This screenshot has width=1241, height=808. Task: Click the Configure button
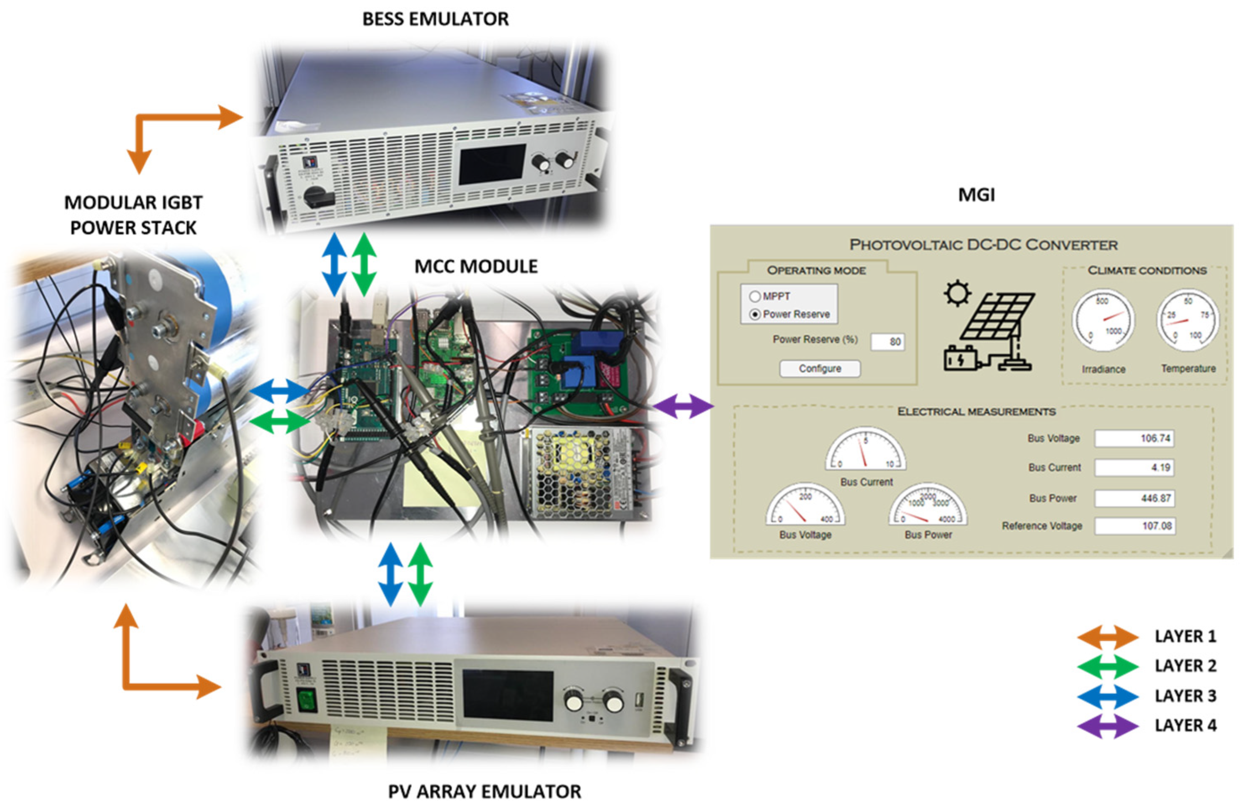819,368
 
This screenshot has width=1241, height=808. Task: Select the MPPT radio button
754,296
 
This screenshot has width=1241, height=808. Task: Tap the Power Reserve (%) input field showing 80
888,341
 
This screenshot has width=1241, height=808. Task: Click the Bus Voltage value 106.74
1134,438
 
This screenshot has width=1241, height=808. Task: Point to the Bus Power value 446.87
1134,498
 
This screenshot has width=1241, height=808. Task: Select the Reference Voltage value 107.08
1134,526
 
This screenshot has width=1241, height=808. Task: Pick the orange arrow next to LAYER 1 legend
1108,637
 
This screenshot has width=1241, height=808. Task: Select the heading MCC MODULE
476,266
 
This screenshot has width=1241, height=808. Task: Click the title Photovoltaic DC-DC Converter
983,245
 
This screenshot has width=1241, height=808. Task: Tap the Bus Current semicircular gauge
866,451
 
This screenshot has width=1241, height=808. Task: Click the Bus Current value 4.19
1134,467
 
